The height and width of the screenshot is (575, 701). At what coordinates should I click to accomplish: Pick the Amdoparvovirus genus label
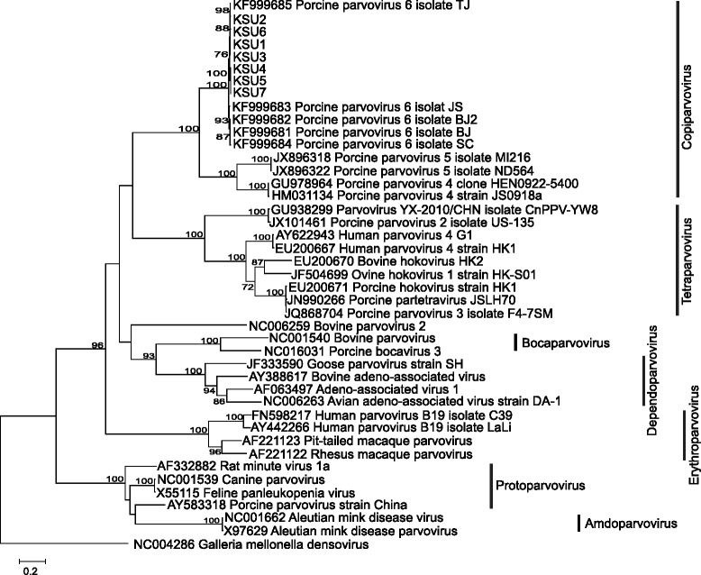tap(635, 549)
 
